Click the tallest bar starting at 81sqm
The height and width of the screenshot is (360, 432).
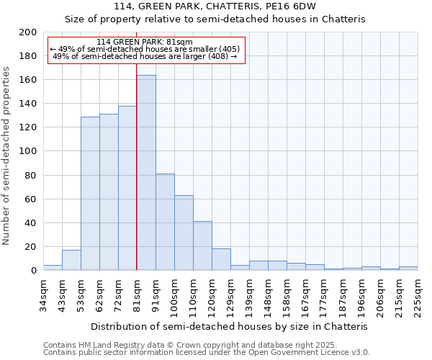[x=146, y=173]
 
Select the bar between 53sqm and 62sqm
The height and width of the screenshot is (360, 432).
[x=90, y=193]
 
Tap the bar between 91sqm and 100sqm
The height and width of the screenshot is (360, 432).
[x=165, y=222]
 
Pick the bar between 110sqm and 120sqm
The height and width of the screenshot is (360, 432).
[x=202, y=246]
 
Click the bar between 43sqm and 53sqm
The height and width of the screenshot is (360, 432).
[x=71, y=260]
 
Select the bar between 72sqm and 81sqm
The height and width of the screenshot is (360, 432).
[x=127, y=188]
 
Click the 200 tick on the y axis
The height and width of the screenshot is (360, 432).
[x=28, y=32]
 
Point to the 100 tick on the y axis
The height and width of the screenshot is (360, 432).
[x=28, y=151]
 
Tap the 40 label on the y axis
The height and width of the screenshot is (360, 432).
[x=30, y=222]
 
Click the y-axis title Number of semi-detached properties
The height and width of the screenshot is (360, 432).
[x=7, y=155]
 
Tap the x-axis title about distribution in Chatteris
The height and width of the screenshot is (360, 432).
[x=230, y=326]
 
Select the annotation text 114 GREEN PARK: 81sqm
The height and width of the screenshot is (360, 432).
[x=144, y=42]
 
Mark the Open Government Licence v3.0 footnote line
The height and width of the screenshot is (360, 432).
[x=207, y=352]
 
